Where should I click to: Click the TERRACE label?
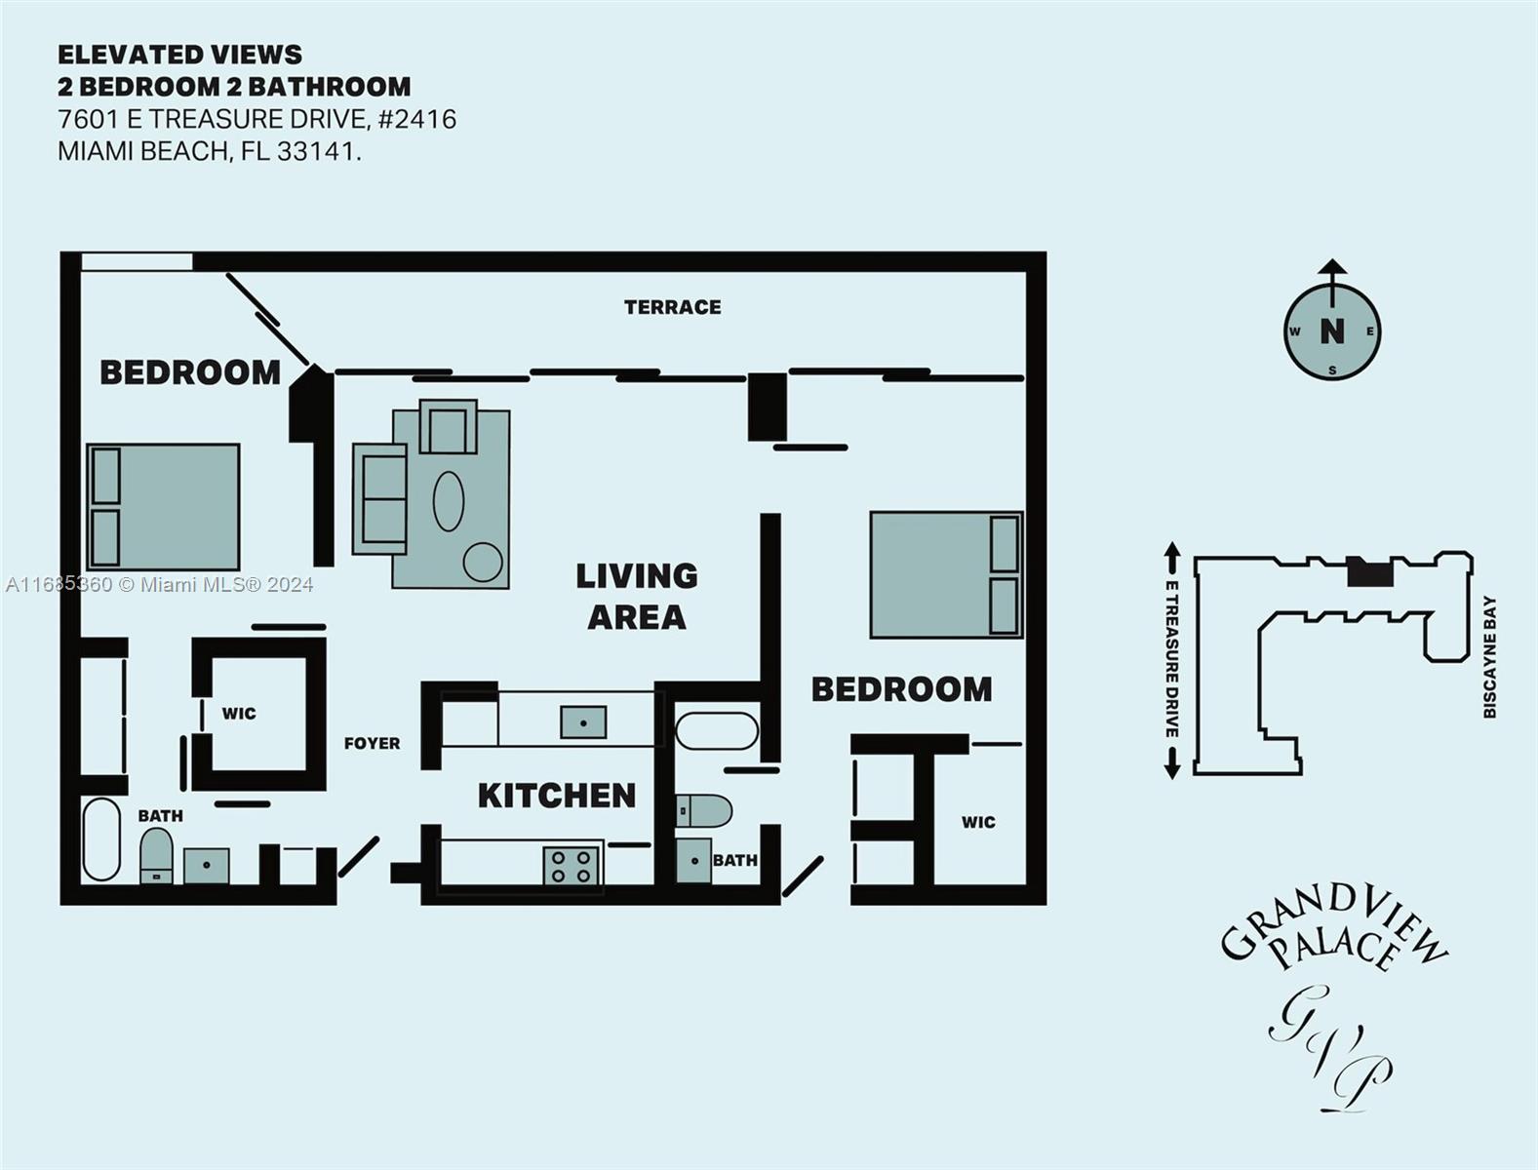tap(673, 307)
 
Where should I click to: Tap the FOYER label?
tap(372, 744)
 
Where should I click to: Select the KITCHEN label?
tap(557, 797)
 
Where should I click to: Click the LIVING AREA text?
tap(637, 597)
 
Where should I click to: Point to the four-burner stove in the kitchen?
tap(572, 866)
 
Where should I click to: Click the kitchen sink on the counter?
tap(583, 721)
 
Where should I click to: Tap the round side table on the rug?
tap(483, 562)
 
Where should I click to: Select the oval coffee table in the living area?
tap(449, 500)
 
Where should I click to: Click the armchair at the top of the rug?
tap(449, 426)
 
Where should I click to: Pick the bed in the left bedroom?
tap(163, 507)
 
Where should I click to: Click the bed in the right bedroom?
tap(947, 575)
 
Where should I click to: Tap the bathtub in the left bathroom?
tap(101, 839)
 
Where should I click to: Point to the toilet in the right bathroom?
tap(703, 811)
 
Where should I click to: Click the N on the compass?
tap(1332, 331)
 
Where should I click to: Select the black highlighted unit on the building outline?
tap(1370, 572)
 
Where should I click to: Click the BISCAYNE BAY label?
tap(1489, 657)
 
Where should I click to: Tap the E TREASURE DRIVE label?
tap(1171, 659)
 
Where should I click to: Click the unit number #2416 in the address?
tap(417, 119)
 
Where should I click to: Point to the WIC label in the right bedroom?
tap(978, 822)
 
